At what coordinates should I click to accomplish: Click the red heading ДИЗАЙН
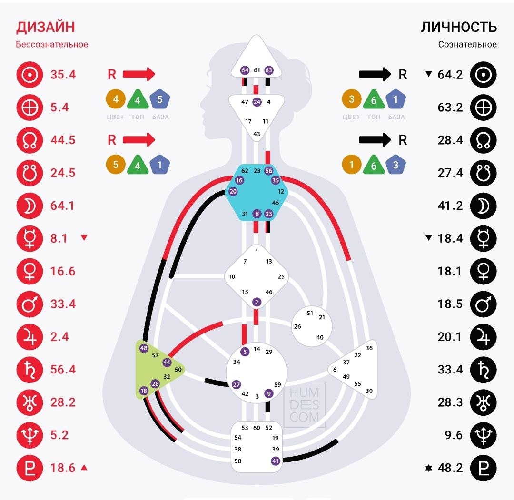46,27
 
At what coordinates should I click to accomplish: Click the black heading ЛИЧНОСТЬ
459,27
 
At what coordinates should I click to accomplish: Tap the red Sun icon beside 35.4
30,75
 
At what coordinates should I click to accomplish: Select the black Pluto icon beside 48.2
483,468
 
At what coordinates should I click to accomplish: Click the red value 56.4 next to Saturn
63,370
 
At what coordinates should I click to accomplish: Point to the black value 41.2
450,206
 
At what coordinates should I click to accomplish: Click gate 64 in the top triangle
245,70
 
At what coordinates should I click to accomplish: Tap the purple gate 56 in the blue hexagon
269,170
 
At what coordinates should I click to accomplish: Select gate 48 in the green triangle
144,348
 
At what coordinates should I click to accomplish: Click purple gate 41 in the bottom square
276,461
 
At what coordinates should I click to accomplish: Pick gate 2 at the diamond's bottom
257,302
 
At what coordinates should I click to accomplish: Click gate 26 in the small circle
297,326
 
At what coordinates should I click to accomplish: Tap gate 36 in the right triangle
369,348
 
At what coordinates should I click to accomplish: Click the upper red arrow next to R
139,74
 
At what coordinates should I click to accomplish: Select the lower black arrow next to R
375,140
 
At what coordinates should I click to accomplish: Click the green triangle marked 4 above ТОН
138,99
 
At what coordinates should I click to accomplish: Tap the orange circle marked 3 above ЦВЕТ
351,99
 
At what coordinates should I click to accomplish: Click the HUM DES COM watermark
304,405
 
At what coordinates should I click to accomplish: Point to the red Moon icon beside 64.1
30,206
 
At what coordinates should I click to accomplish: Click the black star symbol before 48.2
428,468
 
